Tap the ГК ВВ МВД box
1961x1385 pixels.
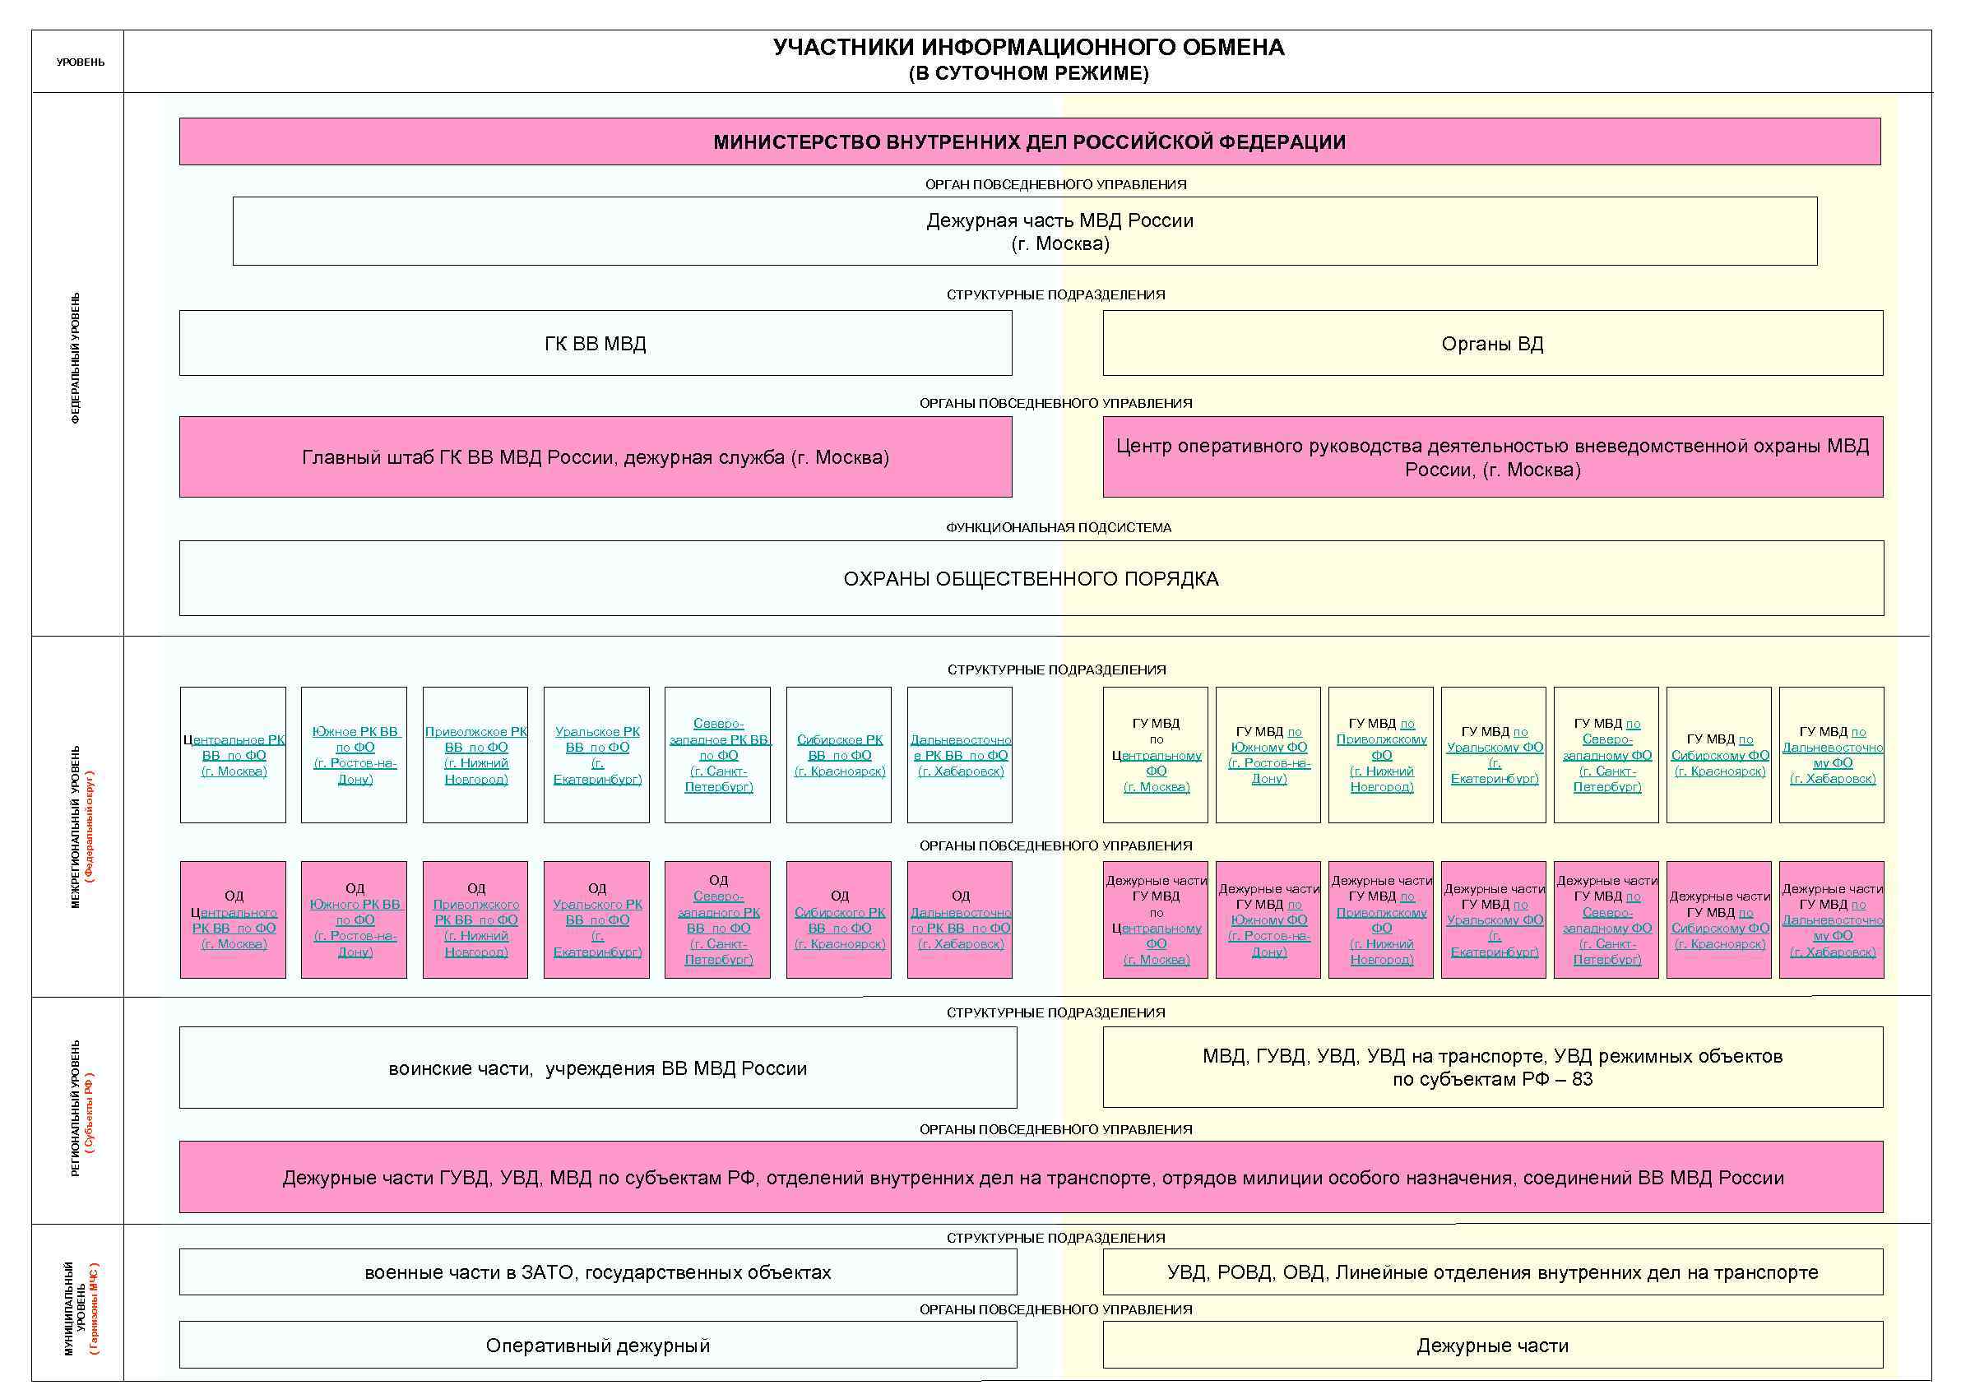[596, 343]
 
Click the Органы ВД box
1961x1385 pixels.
[1491, 343]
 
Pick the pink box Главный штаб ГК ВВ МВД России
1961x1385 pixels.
[596, 456]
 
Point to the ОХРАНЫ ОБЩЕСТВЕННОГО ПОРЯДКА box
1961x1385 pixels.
[1030, 578]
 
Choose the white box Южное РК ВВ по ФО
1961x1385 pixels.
[355, 755]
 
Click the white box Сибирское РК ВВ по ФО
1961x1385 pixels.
[839, 755]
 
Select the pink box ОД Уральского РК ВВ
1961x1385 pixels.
[597, 919]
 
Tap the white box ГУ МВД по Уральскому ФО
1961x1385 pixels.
[1494, 755]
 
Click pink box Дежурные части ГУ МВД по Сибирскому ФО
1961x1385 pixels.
[1718, 919]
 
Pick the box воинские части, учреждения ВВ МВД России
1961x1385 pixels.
[597, 1068]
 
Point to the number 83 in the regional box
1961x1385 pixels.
[1582, 1079]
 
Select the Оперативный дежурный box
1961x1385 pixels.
[597, 1345]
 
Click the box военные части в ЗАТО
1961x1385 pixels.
[597, 1272]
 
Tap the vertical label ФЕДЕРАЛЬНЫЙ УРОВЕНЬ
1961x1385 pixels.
[76, 359]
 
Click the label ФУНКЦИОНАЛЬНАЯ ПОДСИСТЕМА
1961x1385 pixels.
[1057, 528]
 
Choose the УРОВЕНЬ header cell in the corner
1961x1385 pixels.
[81, 63]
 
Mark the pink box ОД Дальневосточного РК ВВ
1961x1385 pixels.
[960, 919]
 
